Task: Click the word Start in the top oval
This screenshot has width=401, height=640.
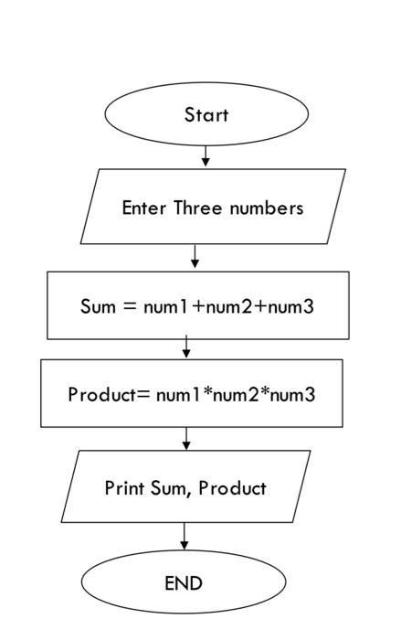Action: click(206, 115)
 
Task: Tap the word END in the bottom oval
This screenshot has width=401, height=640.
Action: click(184, 582)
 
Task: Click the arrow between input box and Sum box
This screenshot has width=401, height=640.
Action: click(195, 257)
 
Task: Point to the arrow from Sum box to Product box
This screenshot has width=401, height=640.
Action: click(186, 348)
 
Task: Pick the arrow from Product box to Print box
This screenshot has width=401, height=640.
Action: click(186, 439)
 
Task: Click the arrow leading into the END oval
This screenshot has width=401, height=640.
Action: click(185, 537)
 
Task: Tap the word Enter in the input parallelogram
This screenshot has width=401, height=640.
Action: click(144, 208)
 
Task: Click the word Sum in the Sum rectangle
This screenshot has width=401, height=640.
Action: click(96, 306)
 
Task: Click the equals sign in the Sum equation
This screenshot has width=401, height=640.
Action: click(128, 306)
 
